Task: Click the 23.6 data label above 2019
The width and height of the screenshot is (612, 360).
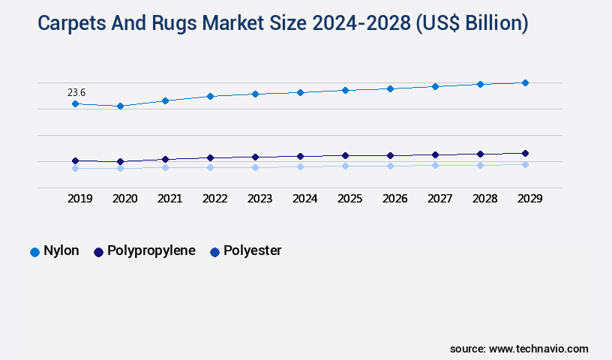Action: pyautogui.click(x=76, y=92)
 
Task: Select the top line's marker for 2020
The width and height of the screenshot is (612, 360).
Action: pyautogui.click(x=120, y=106)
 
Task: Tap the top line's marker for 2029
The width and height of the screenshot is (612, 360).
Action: pyautogui.click(x=525, y=82)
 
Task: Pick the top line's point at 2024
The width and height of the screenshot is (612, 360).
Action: pyautogui.click(x=300, y=92)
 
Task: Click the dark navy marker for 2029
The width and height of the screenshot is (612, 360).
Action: pyautogui.click(x=525, y=153)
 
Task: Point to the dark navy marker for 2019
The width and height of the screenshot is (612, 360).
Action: pyautogui.click(x=75, y=160)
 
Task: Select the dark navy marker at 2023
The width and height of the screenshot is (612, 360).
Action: pyautogui.click(x=255, y=157)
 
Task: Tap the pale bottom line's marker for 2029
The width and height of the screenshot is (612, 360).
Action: pyautogui.click(x=525, y=164)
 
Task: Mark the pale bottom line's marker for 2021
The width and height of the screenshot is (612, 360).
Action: pyautogui.click(x=165, y=167)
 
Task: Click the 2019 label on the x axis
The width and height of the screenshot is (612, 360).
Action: pyautogui.click(x=80, y=199)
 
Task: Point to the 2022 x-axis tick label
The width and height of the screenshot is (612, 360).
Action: pyautogui.click(x=215, y=199)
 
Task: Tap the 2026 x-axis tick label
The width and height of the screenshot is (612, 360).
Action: pyautogui.click(x=395, y=199)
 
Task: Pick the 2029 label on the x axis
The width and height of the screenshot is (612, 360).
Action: pyautogui.click(x=529, y=199)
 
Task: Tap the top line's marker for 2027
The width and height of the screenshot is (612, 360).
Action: pyautogui.click(x=435, y=86)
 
